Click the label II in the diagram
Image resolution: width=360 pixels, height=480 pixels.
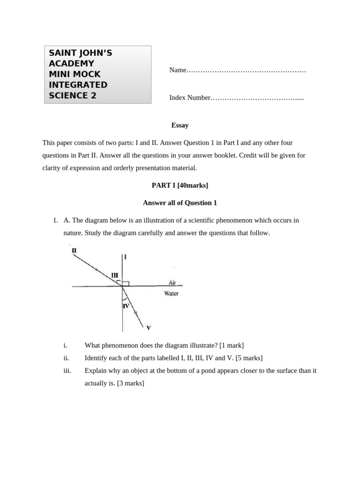[74, 250]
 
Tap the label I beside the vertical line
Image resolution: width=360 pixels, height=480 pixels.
[126, 257]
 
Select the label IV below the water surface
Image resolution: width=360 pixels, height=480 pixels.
[126, 306]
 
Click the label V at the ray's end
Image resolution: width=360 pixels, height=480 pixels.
[149, 328]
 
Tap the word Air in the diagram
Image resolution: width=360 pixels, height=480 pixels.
[172, 282]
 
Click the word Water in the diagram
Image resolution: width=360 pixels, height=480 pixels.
[171, 293]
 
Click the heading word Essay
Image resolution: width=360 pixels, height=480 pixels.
[180, 125]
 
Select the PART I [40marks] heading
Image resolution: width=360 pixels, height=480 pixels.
[180, 185]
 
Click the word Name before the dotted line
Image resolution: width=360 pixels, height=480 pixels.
[178, 70]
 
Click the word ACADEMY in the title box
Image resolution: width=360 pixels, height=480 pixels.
[71, 63]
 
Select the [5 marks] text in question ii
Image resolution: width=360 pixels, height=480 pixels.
[248, 358]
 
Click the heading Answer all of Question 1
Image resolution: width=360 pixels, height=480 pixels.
[180, 203]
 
